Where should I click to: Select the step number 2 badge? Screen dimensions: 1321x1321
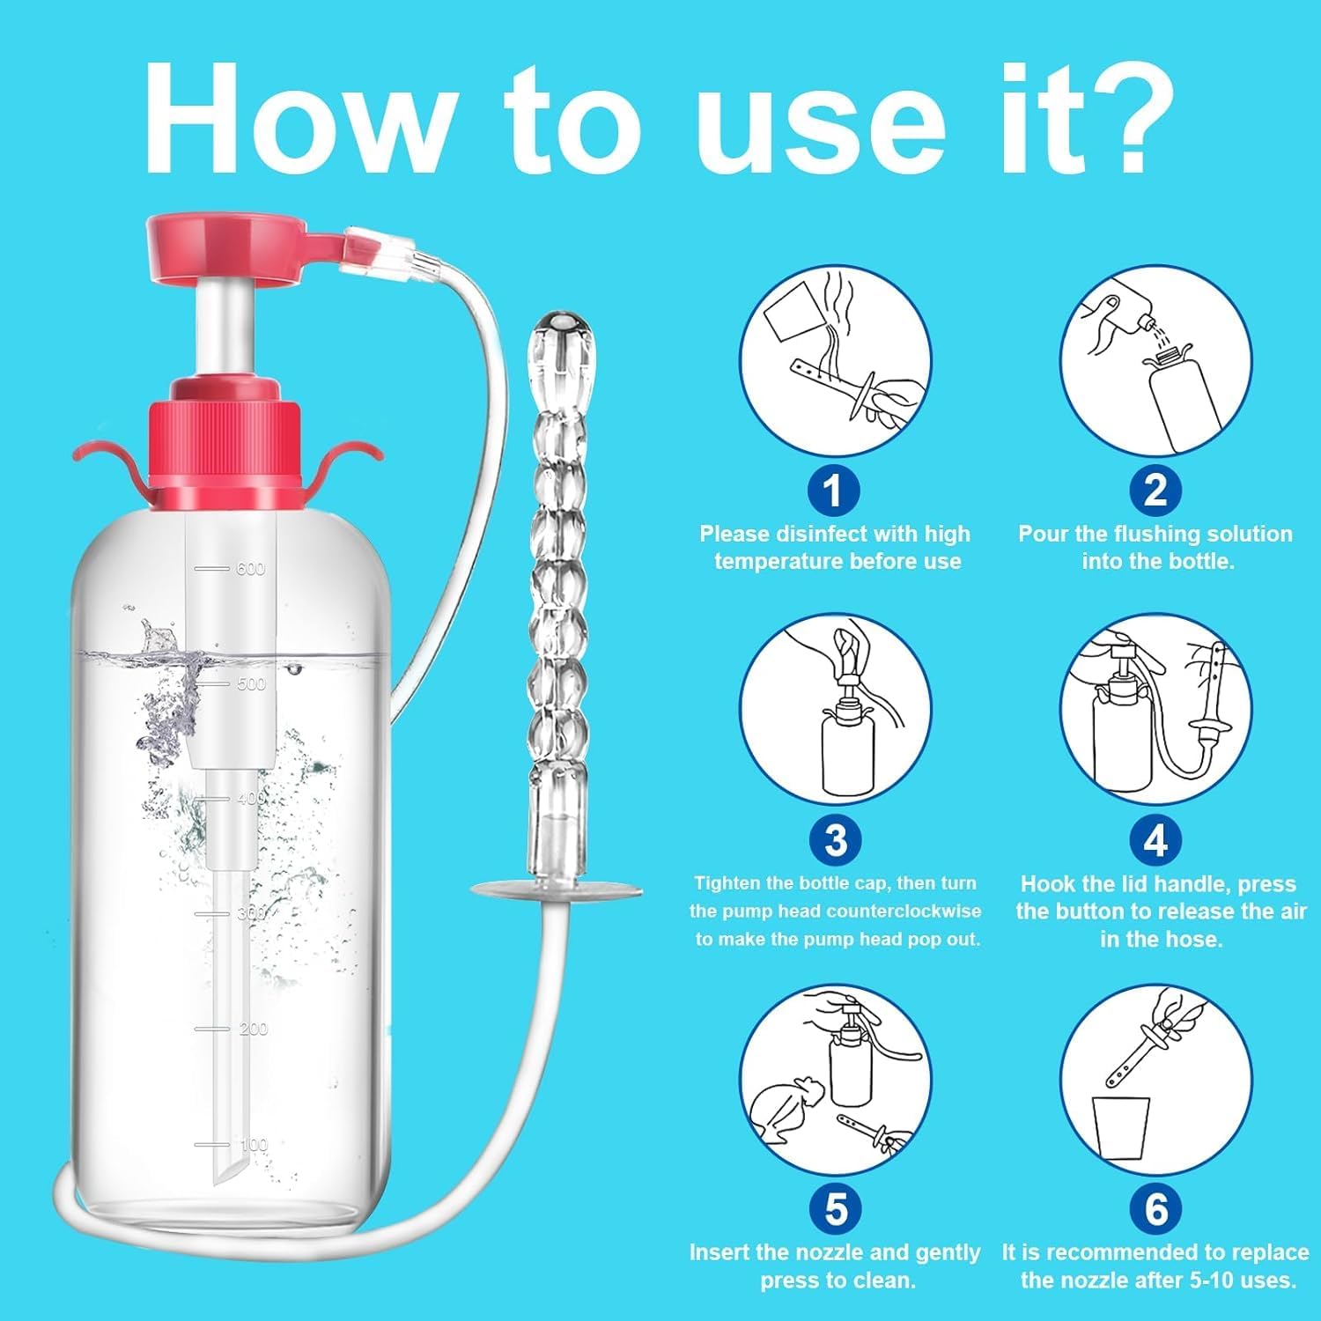1155,490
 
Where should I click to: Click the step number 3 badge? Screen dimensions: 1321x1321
836,839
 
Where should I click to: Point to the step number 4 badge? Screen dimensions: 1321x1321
1155,839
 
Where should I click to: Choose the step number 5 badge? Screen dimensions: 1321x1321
836,1208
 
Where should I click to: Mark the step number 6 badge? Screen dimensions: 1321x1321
1155,1208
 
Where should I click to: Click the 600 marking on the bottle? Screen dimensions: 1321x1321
251,569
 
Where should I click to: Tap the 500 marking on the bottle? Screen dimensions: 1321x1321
251,683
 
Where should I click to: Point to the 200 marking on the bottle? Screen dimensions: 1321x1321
254,1029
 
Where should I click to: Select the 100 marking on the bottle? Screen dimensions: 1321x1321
254,1145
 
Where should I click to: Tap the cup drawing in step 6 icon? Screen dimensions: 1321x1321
1121,1128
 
